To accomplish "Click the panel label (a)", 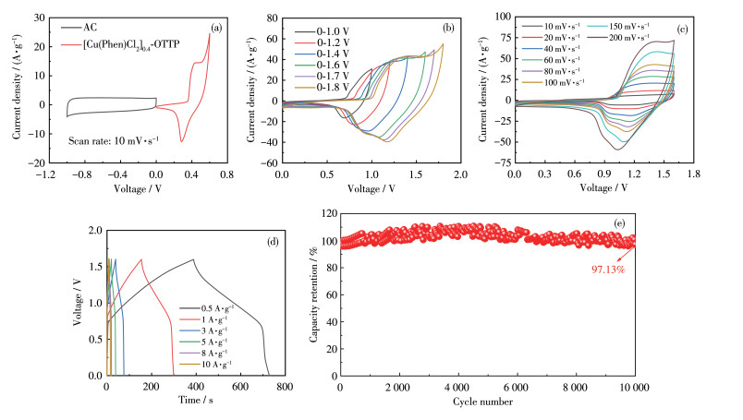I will click(215, 28).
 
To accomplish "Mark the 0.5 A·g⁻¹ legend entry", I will click(213, 307).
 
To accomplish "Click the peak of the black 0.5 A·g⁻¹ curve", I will click(193, 259).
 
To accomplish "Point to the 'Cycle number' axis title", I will click(487, 402).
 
